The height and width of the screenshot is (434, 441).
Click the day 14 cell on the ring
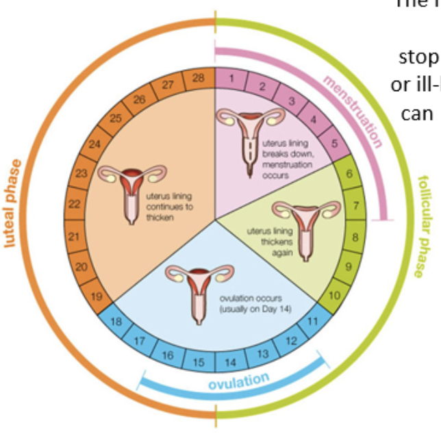point(231,362)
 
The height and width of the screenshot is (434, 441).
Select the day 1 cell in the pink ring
point(231,78)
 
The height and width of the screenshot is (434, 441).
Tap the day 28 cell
point(199,78)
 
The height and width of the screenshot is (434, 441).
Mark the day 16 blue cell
point(168,354)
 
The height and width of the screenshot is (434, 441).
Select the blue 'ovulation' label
point(239,381)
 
